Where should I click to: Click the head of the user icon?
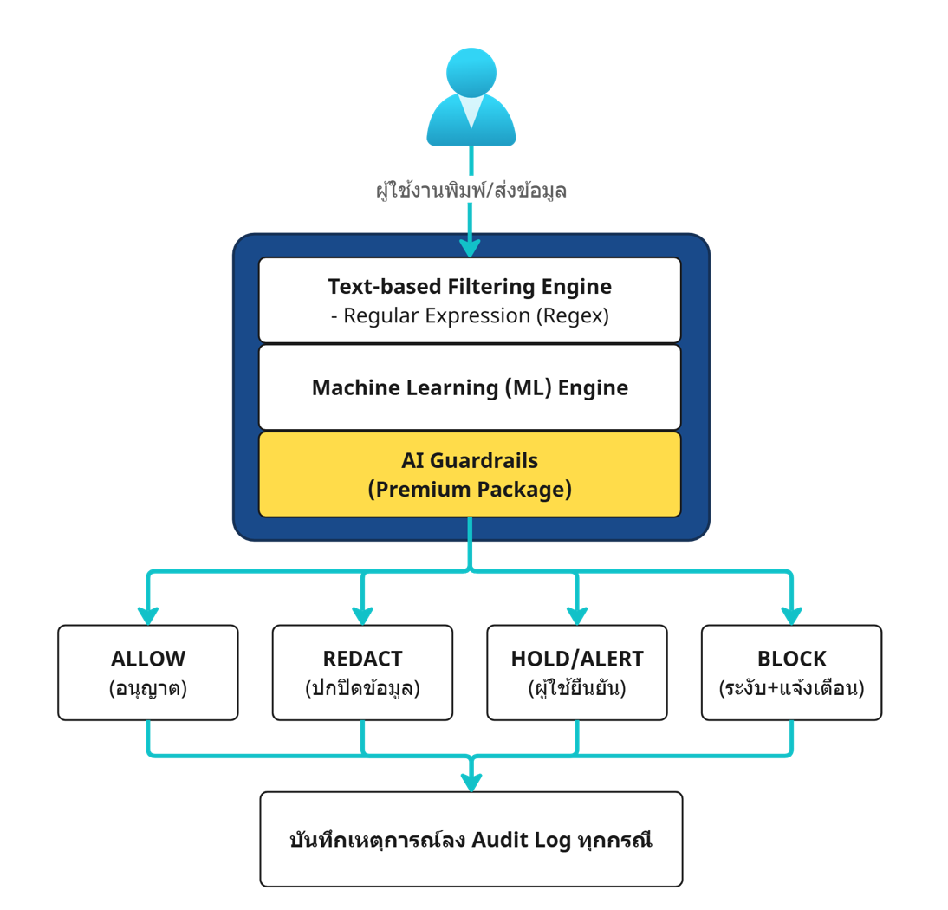[471, 72]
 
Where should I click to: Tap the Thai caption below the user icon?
[471, 190]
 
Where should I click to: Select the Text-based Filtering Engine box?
[470, 301]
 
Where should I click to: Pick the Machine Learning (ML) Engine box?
[470, 387]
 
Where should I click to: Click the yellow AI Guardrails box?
[470, 475]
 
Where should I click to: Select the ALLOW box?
[148, 673]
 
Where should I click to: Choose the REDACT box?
[363, 673]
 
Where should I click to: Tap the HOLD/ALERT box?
[577, 673]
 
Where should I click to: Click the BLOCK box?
[792, 673]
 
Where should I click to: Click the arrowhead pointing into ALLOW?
[148, 616]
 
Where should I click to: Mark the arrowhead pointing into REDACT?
[363, 616]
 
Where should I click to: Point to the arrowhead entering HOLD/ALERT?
[577, 616]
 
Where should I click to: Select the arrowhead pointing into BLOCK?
[792, 616]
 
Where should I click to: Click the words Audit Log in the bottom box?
[521, 841]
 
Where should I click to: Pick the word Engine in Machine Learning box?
[593, 388]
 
